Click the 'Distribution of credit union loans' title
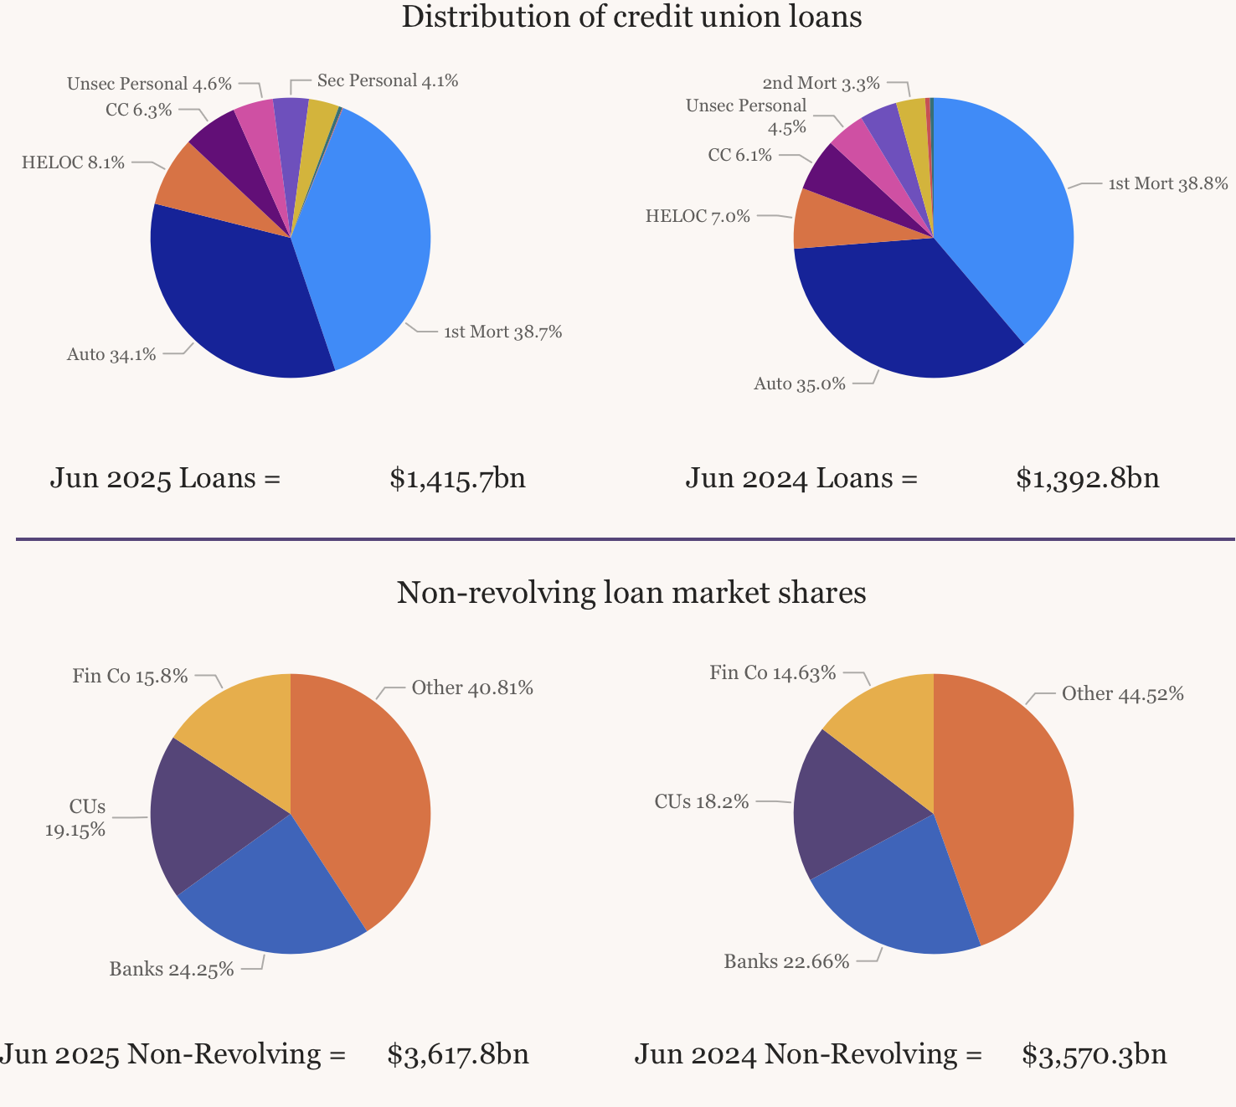(x=631, y=17)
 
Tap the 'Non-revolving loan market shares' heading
(x=631, y=593)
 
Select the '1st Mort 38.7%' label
(x=502, y=332)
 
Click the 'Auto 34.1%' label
(x=111, y=354)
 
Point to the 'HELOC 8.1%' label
(x=73, y=162)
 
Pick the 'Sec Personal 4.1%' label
(x=388, y=81)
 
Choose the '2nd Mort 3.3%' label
(x=821, y=83)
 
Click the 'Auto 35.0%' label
(x=800, y=384)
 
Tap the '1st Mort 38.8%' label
(x=1168, y=184)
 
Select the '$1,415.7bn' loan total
(x=457, y=478)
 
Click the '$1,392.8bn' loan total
(x=1088, y=478)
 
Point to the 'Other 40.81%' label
(x=472, y=688)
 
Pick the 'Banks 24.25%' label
(x=172, y=971)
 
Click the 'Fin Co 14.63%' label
(x=772, y=672)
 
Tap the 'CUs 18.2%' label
(x=702, y=802)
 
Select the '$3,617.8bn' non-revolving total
(x=458, y=1054)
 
